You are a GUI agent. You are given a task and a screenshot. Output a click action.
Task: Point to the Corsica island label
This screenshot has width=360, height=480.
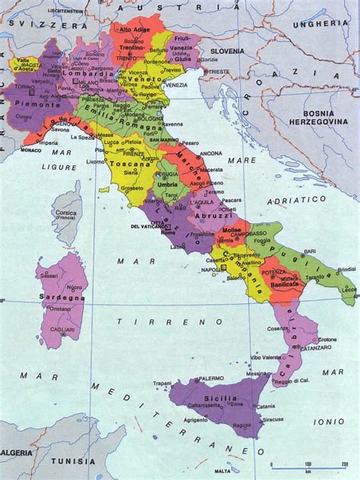(68, 214)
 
